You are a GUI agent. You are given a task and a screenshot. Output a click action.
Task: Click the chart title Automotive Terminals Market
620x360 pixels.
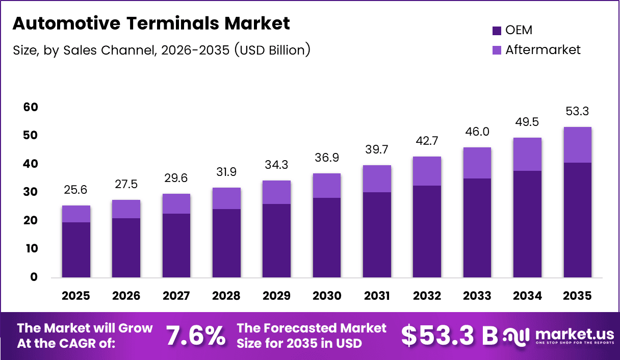click(151, 23)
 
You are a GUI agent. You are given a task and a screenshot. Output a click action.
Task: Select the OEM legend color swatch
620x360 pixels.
click(497, 31)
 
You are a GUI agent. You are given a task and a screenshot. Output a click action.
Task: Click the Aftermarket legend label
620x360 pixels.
click(542, 50)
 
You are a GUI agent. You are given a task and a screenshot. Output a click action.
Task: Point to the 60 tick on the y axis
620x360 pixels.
click(30, 108)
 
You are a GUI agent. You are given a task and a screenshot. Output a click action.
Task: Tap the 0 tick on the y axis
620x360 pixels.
click(34, 277)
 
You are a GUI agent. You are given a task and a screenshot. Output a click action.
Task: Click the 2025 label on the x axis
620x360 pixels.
click(76, 296)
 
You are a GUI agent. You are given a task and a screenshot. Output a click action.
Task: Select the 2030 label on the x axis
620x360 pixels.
click(327, 296)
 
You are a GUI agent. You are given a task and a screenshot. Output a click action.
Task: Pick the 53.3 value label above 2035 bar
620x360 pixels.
click(578, 112)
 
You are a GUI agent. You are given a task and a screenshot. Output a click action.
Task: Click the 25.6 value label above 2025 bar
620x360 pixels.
click(76, 190)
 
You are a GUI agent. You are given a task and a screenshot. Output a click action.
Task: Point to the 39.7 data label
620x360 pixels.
click(377, 150)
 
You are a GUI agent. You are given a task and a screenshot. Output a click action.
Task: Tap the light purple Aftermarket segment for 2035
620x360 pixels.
click(578, 145)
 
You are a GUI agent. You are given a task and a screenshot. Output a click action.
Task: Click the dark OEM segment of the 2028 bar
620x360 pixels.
click(226, 243)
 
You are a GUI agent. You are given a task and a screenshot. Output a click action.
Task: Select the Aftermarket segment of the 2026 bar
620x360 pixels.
click(126, 209)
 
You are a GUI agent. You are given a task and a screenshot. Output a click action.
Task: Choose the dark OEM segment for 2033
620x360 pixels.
click(477, 228)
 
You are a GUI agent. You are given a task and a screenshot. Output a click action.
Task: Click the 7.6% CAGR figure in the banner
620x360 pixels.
click(196, 336)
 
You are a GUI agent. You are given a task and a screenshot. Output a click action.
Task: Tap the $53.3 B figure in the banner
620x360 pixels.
click(449, 336)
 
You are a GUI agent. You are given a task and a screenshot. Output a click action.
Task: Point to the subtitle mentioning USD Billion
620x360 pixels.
click(161, 50)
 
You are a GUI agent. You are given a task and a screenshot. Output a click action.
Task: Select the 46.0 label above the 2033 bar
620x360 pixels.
click(477, 132)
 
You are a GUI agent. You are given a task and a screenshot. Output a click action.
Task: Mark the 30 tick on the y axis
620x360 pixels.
click(30, 192)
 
